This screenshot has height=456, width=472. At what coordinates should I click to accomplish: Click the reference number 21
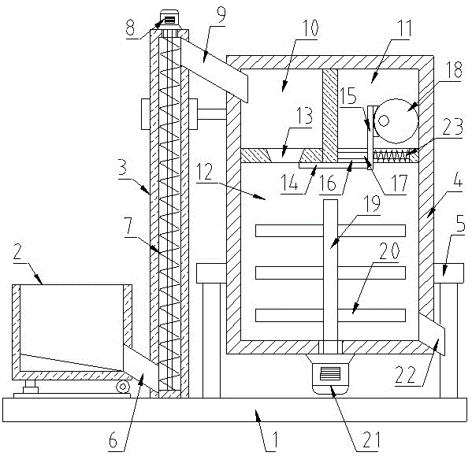click(x=371, y=439)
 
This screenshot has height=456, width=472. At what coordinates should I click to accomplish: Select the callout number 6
click(x=113, y=441)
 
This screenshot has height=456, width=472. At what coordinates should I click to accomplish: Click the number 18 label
click(x=453, y=69)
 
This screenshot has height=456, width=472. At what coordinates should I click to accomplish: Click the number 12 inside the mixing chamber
click(x=205, y=172)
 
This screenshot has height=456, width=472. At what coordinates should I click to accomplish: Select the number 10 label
click(x=310, y=28)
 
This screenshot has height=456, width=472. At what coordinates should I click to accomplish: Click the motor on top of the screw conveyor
click(x=169, y=20)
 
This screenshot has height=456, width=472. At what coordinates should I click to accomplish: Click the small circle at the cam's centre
click(x=384, y=121)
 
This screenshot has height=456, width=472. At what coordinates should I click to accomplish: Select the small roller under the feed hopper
click(x=123, y=387)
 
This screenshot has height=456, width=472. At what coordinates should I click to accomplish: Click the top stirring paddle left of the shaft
click(x=289, y=231)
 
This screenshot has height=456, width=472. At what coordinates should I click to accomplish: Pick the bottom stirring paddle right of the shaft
click(x=371, y=316)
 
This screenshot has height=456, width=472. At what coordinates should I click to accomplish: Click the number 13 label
click(x=305, y=116)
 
